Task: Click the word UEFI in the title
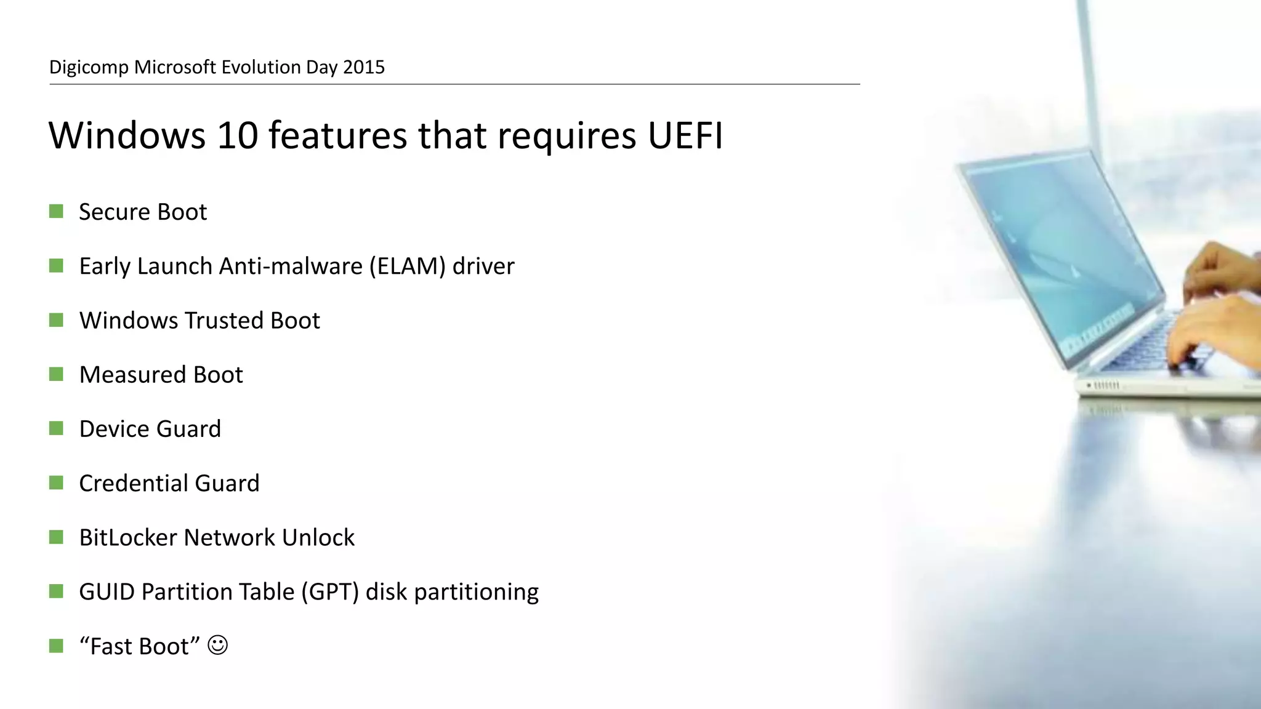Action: pos(685,135)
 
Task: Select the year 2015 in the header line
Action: pos(363,67)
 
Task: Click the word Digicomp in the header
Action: pos(89,67)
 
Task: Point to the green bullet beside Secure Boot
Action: pos(56,212)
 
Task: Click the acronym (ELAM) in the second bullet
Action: pos(407,266)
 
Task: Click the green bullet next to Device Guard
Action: pos(56,429)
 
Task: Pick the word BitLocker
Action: pos(127,538)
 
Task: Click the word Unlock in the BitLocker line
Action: pos(318,538)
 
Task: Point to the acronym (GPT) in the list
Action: pos(329,592)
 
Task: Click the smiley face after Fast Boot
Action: pos(217,646)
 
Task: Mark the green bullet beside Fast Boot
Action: pos(56,646)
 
